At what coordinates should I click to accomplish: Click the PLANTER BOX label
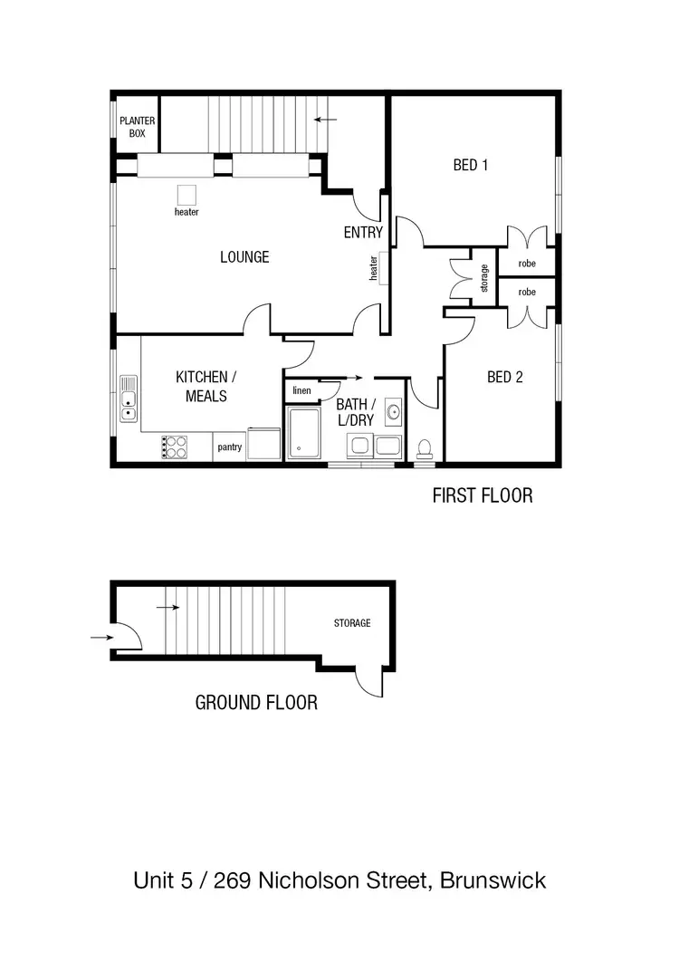click(138, 126)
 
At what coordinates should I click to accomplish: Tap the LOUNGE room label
click(244, 257)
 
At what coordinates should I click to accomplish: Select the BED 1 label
click(471, 165)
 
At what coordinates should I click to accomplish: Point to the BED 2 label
click(504, 378)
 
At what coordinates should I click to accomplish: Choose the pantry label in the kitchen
click(229, 446)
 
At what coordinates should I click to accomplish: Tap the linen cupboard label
click(301, 390)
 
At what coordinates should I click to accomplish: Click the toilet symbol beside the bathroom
click(423, 448)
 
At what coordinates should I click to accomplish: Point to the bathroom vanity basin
click(393, 412)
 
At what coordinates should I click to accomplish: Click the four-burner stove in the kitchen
click(175, 447)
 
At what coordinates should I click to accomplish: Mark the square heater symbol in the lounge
click(186, 195)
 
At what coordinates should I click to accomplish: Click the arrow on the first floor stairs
click(325, 119)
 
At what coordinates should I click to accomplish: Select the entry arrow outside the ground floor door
click(101, 638)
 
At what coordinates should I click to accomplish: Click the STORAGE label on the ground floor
click(352, 623)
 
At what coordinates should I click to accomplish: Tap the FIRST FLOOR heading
click(482, 495)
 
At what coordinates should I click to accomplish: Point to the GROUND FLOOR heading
click(256, 702)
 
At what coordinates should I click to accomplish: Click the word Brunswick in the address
click(493, 879)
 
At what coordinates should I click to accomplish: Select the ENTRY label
click(363, 233)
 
